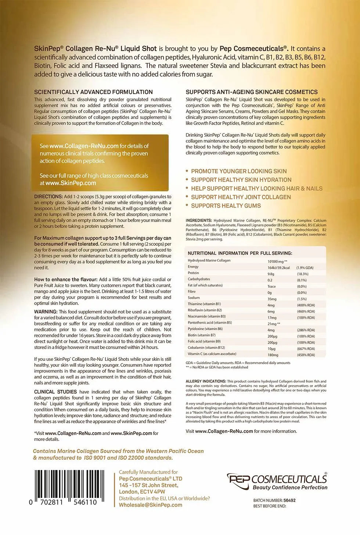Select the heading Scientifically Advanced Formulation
pos(93,92)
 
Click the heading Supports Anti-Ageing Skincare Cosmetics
pos(252,92)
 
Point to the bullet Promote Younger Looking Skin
pos(239,171)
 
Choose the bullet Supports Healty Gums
pos(226,206)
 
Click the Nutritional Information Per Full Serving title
pos(240,253)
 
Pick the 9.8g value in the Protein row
pos(271,274)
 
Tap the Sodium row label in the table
pos(194,298)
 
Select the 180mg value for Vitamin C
pos(273,355)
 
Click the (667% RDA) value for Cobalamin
pos(306,349)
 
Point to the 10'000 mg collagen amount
pos(277,261)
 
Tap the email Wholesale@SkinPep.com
pos(151,505)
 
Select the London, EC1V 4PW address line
pos(142,492)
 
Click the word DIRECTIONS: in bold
pos(48,197)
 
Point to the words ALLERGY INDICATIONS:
pos(206,381)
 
